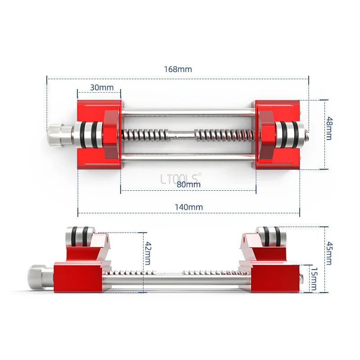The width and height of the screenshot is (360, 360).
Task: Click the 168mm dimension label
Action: point(178,69)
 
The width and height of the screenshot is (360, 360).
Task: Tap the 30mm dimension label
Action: point(102,87)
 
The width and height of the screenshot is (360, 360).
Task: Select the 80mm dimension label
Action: point(189,184)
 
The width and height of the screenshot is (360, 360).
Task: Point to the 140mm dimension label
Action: point(189,207)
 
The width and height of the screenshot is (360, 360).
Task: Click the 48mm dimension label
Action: point(329,129)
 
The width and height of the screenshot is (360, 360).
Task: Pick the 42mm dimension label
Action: point(148,253)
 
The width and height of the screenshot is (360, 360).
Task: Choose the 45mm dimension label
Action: point(329,253)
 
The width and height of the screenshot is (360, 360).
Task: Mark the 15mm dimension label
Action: point(314,279)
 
